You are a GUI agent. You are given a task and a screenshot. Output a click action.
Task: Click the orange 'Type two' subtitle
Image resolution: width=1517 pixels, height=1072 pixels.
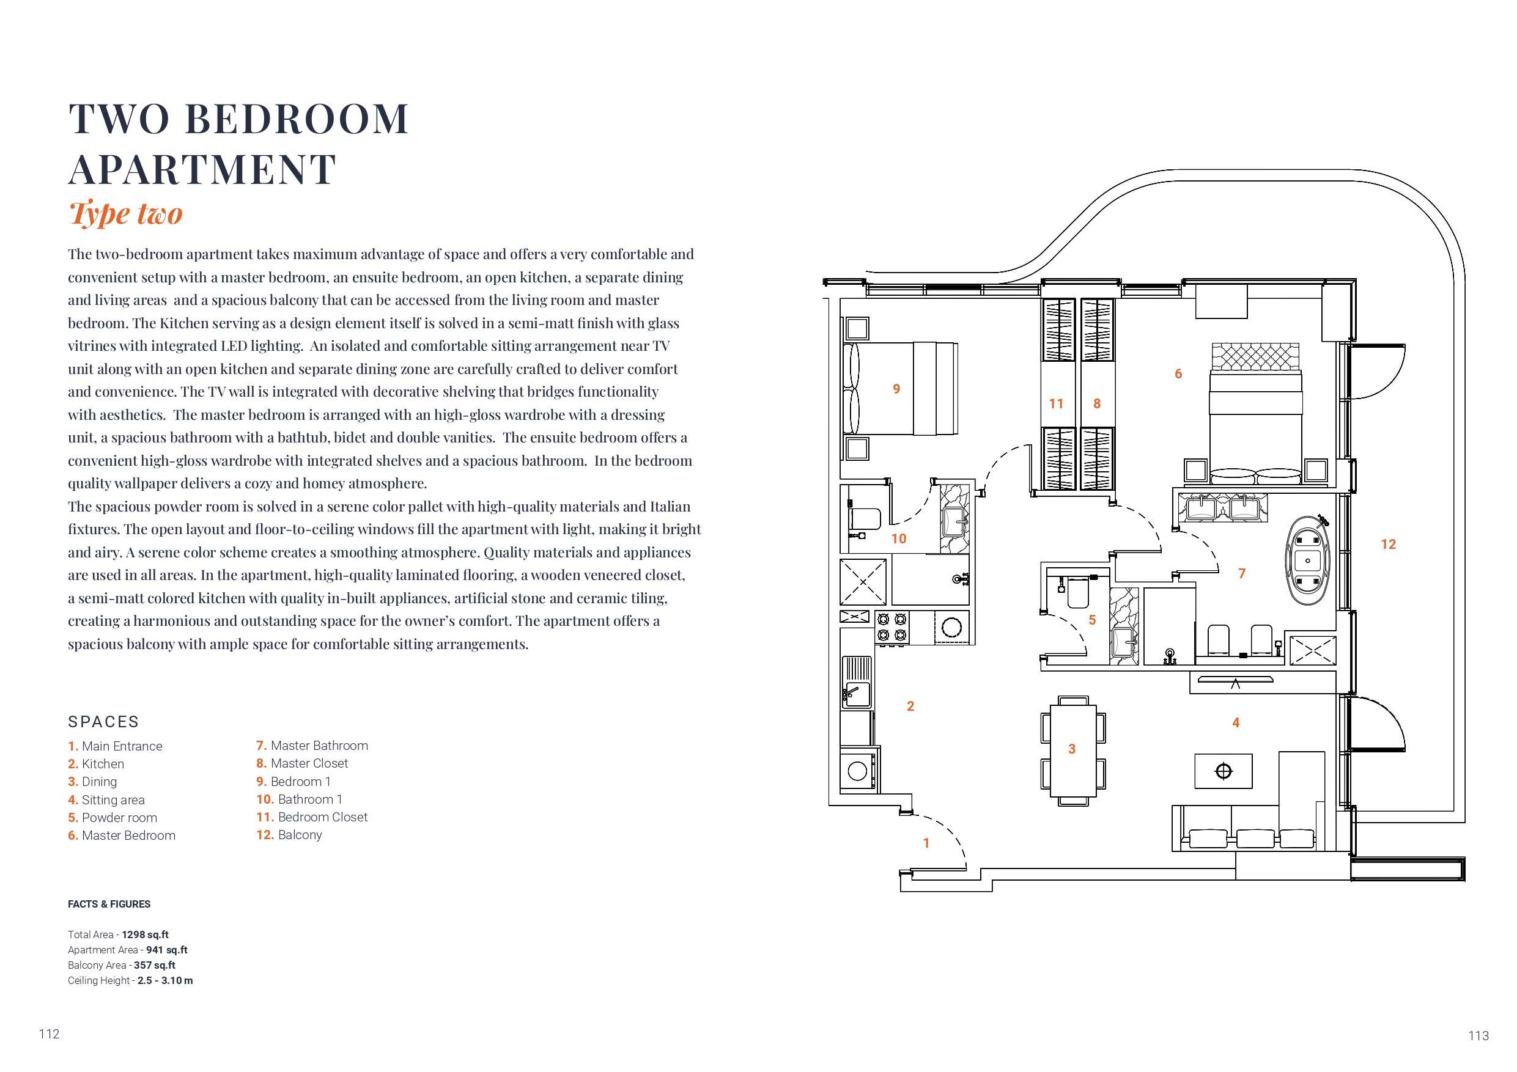[x=125, y=213]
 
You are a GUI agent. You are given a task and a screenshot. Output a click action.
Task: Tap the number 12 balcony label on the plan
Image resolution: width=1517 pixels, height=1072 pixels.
[x=1388, y=545]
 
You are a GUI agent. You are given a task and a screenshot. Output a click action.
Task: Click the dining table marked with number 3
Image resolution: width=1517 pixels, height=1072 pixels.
[x=1073, y=750]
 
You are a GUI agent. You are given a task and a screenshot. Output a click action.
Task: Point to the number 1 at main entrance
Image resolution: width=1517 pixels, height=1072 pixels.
[x=926, y=843]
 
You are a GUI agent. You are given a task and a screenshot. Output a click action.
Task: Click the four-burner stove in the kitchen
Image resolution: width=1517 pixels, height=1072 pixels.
[x=892, y=628]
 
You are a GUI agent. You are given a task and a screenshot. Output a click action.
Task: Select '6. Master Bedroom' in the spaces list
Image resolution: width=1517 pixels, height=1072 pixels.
[x=122, y=835]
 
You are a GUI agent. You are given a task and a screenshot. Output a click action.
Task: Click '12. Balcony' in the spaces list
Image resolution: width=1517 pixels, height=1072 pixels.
[x=289, y=835]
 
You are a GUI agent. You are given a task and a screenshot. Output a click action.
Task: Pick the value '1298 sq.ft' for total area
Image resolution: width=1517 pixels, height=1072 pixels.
[x=145, y=934]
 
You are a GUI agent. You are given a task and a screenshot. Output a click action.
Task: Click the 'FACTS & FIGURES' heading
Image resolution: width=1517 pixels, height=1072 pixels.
[x=109, y=904]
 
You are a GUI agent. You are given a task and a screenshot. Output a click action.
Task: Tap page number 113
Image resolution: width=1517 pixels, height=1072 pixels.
[x=1478, y=1036]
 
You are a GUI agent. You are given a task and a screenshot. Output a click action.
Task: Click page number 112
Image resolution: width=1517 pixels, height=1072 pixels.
[x=50, y=1034]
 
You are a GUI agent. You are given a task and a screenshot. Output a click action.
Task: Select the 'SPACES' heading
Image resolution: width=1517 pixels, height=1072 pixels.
[x=104, y=722]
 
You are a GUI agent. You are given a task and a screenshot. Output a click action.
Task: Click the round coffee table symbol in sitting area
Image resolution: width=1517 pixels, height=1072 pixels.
[x=1224, y=771]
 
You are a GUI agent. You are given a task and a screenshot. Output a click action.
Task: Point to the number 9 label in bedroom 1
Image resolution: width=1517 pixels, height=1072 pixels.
[x=896, y=389]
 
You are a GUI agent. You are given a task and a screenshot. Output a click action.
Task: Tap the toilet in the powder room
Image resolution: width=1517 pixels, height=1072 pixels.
[x=1077, y=592]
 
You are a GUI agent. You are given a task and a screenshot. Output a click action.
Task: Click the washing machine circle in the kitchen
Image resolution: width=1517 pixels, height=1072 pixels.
[x=858, y=771]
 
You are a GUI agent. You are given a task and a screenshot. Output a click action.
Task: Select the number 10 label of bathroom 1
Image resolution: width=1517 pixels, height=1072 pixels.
[x=899, y=539]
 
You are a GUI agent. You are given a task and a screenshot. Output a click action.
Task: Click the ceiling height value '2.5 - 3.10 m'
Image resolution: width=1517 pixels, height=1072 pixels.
[x=165, y=981]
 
